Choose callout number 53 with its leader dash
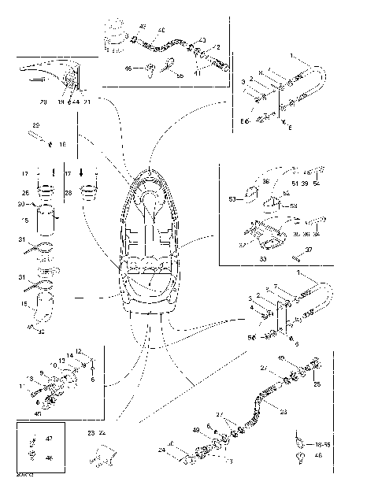[x=232, y=199]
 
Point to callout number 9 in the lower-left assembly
[x=41, y=372]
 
